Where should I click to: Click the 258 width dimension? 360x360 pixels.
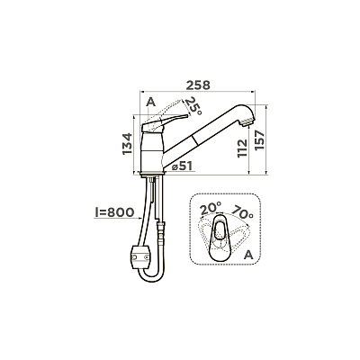point(198,85)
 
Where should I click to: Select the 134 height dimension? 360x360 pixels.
point(128,144)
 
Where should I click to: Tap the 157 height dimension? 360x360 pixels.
point(259,140)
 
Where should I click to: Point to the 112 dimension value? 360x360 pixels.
point(242,148)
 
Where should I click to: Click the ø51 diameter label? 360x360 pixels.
point(182,166)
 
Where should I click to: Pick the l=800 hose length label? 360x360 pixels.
point(114,212)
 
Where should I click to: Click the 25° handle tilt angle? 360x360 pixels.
point(193,107)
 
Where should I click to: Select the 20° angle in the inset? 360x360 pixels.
point(211,208)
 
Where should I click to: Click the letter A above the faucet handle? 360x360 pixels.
point(151,103)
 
